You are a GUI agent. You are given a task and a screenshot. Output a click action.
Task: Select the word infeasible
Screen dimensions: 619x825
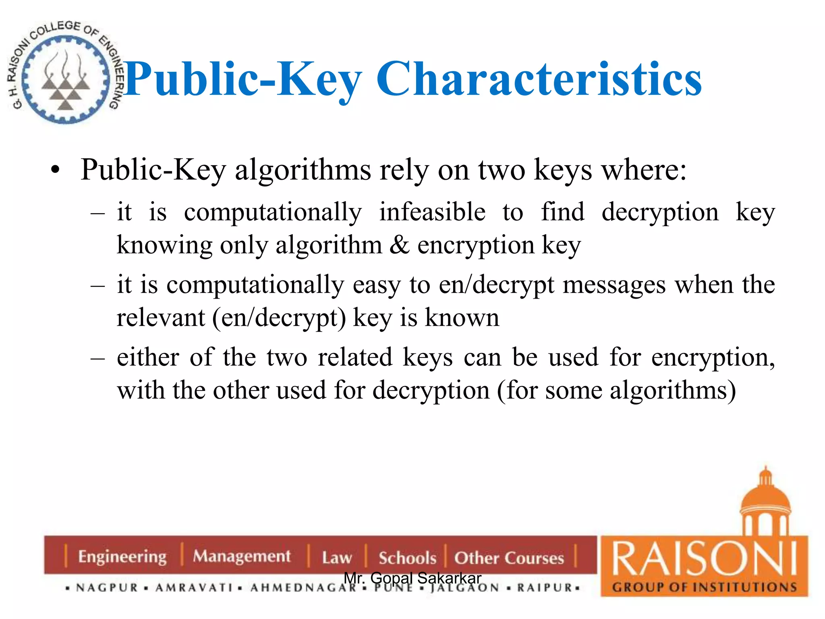[x=432, y=212]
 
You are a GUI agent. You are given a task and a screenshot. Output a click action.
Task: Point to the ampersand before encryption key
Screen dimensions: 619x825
[x=399, y=245]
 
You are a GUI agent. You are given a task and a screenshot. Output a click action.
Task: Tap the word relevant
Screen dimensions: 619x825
[x=161, y=318]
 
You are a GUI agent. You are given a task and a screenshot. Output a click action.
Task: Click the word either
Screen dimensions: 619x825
[x=148, y=357]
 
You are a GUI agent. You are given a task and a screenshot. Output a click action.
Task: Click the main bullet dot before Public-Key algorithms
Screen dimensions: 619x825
[x=56, y=170]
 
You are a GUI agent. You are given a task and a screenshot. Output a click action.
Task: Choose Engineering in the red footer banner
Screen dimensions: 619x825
[x=122, y=557]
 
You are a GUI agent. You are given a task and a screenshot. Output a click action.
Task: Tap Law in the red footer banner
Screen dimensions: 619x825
[x=337, y=558]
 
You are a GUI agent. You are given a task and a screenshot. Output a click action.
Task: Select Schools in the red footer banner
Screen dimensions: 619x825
[x=407, y=558]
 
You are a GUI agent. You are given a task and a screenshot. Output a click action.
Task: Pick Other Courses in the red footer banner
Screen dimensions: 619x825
[x=509, y=558]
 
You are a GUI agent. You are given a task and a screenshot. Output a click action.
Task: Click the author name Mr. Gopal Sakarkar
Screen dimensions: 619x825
[x=412, y=578]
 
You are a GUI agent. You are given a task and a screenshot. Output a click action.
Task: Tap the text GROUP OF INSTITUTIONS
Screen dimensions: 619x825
[x=704, y=587]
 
